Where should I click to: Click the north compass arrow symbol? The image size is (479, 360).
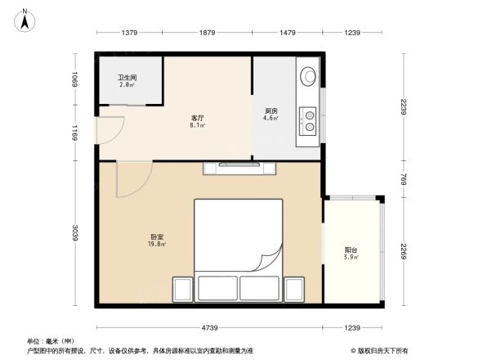25,18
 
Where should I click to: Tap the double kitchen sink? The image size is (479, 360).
311,120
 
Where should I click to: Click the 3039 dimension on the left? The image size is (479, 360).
74,232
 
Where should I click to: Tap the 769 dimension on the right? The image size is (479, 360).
404,179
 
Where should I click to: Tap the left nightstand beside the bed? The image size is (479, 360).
181,288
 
